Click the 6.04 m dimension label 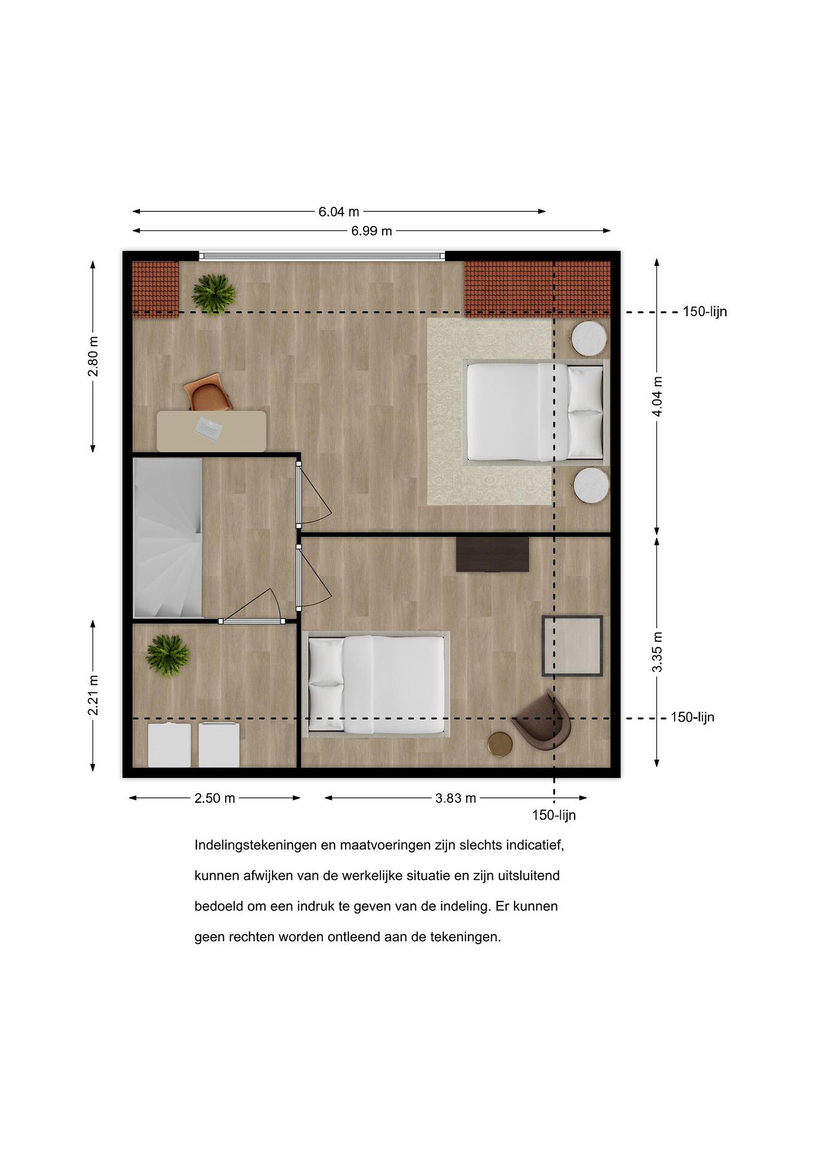click(x=339, y=212)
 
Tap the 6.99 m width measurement click(x=371, y=231)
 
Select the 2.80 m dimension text click(x=93, y=356)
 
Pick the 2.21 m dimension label click(x=93, y=695)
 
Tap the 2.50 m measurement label click(x=215, y=798)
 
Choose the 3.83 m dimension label click(x=456, y=798)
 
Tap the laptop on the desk click(x=209, y=428)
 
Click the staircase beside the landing click(x=168, y=538)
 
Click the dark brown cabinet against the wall click(x=492, y=554)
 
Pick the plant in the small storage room click(x=167, y=655)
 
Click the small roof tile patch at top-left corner click(x=155, y=289)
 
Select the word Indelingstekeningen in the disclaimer click(x=256, y=846)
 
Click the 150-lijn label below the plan click(x=554, y=815)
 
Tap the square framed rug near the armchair click(x=572, y=646)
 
